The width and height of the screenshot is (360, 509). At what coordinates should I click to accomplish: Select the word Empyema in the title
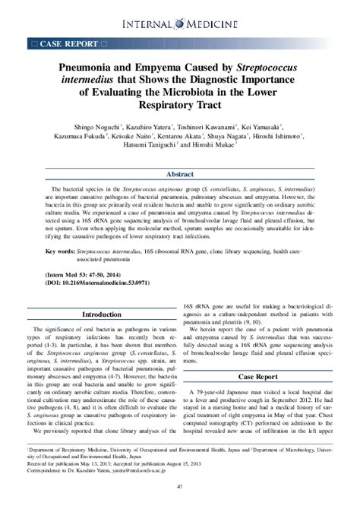[x=165, y=69]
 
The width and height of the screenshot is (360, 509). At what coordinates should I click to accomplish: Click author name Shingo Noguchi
[x=94, y=128]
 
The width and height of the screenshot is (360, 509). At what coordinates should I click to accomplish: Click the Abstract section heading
[x=180, y=174]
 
